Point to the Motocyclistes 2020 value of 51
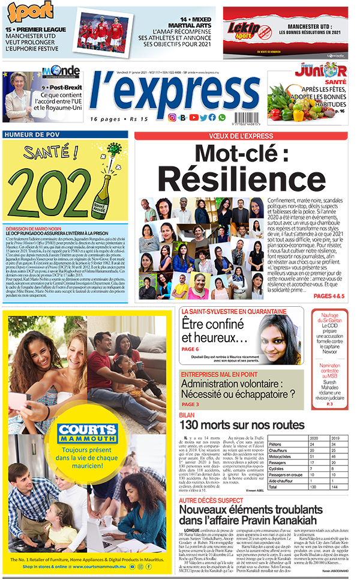(x=314, y=456)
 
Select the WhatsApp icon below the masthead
(x=222, y=118)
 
